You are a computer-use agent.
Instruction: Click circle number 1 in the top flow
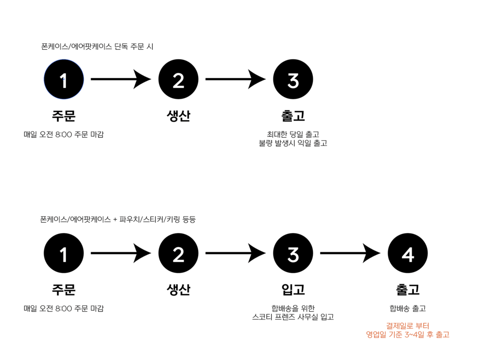point(63,79)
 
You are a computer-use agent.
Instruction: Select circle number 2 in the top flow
point(178,79)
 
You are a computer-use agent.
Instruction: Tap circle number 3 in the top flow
point(293,79)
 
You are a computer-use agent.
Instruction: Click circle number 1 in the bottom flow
point(63,254)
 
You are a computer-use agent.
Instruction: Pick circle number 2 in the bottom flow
point(178,254)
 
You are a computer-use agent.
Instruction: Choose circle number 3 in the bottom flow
point(293,254)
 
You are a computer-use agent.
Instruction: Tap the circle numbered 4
point(407,254)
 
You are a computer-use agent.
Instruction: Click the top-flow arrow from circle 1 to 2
point(121,79)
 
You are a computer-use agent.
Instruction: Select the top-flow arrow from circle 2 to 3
point(235,79)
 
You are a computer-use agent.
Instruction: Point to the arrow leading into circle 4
point(350,254)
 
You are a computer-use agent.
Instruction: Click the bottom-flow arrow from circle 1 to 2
point(121,254)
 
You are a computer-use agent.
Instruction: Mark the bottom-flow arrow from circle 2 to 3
point(235,254)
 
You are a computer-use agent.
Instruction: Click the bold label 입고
point(293,290)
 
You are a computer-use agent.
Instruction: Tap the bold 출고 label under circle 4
point(407,290)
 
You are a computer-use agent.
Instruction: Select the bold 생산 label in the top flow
point(178,116)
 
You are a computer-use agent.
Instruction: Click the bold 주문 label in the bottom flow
point(63,290)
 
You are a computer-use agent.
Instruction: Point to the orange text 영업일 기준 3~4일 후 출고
point(407,335)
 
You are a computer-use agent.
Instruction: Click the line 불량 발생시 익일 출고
point(293,143)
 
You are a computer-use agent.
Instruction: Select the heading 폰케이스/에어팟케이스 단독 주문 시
point(98,47)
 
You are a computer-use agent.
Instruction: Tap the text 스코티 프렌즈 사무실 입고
point(293,317)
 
